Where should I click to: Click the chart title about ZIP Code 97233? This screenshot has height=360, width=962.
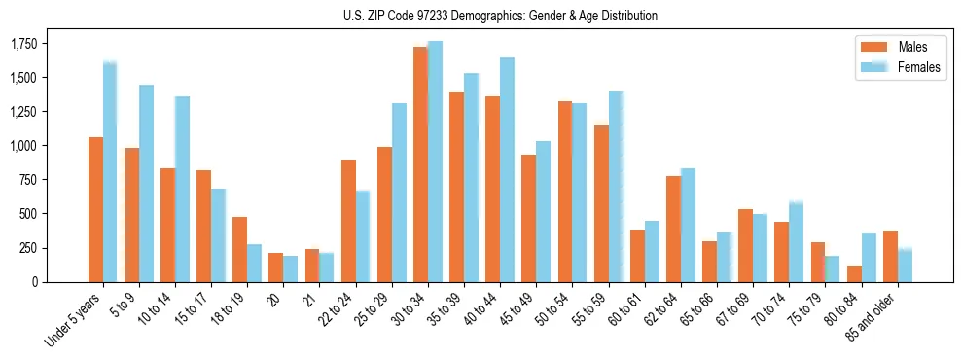tap(500, 16)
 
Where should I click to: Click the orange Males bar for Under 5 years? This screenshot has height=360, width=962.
tap(95, 209)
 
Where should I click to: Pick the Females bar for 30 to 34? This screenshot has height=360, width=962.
tap(435, 162)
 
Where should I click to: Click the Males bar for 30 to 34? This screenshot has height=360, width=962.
tap(420, 164)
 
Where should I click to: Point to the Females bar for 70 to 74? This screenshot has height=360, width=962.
tap(796, 242)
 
